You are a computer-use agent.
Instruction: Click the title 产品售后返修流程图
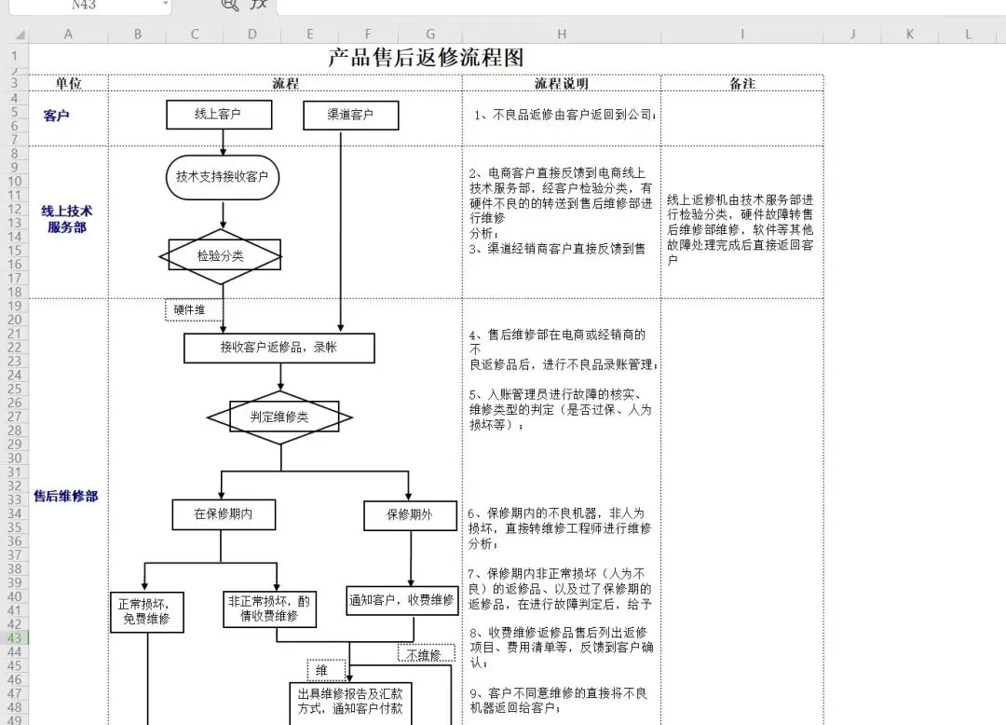click(426, 58)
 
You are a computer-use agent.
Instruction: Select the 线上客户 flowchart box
click(219, 115)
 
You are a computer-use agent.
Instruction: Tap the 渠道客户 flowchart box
click(350, 115)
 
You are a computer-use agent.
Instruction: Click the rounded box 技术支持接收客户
click(222, 176)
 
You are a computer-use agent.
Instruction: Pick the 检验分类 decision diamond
click(224, 255)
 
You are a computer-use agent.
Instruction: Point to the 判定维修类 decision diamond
click(279, 417)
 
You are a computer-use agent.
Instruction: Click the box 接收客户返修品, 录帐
click(279, 348)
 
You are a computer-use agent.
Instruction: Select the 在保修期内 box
click(223, 513)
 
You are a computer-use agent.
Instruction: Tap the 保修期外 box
click(410, 514)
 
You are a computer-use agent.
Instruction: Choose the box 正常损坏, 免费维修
click(146, 610)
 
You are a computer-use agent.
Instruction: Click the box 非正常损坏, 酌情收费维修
click(268, 609)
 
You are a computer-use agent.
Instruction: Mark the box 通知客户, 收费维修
click(401, 600)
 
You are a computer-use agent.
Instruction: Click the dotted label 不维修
click(426, 654)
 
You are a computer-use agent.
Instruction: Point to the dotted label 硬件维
click(193, 309)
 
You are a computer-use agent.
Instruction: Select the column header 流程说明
click(561, 84)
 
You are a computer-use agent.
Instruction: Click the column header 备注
click(741, 84)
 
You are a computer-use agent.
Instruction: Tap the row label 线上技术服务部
click(67, 219)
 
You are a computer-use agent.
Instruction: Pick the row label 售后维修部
click(66, 497)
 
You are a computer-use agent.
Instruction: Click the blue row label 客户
click(56, 116)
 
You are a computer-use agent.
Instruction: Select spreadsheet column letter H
click(561, 34)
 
